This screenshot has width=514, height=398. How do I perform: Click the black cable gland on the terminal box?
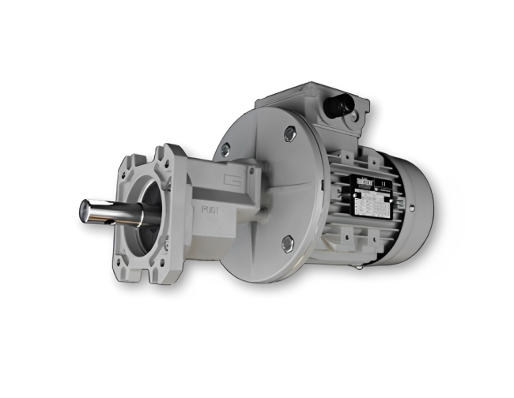pyautogui.click(x=344, y=102)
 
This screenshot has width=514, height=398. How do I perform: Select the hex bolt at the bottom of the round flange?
pyautogui.click(x=287, y=243)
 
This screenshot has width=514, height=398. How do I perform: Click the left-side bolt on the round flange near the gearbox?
pyautogui.click(x=226, y=148)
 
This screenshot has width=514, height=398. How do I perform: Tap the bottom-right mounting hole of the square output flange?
pyautogui.click(x=176, y=254)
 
